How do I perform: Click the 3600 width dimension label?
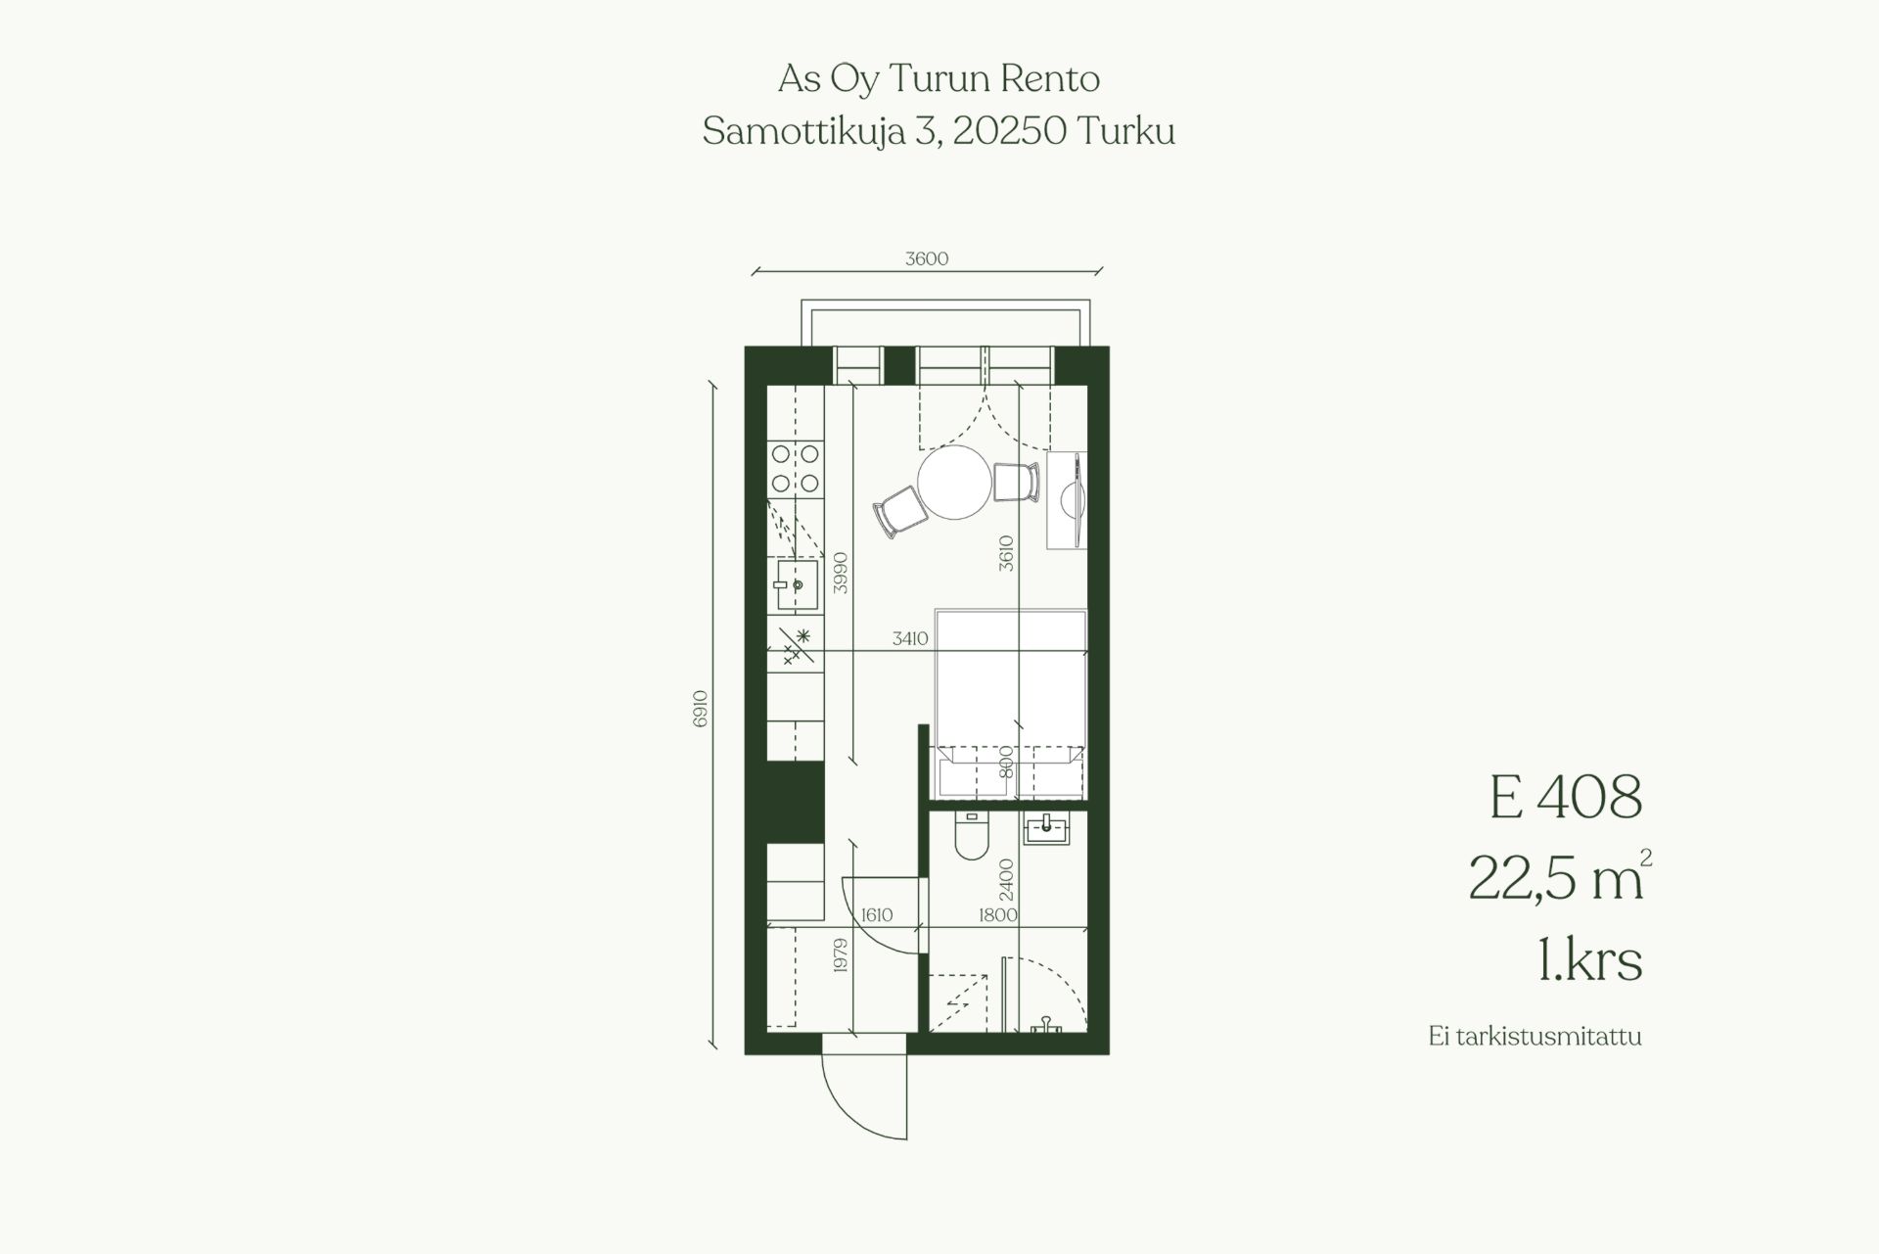(x=927, y=259)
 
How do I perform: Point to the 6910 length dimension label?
(x=700, y=709)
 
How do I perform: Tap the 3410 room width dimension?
(x=909, y=638)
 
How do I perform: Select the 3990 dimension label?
(x=840, y=573)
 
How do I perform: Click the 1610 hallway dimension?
(x=877, y=915)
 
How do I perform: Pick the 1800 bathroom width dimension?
(x=998, y=915)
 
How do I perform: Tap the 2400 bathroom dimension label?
(x=1007, y=880)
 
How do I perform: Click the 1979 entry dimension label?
(x=840, y=955)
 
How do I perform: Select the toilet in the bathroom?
(x=972, y=836)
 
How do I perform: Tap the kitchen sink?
(x=797, y=584)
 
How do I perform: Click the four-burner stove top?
(x=795, y=468)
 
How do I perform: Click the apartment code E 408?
(x=1565, y=797)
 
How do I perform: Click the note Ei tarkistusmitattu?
(x=1535, y=1037)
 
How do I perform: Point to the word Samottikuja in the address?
(x=803, y=132)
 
